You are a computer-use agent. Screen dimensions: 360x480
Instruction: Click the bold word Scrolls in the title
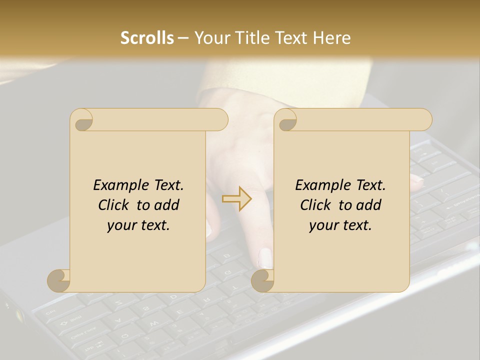[147, 38]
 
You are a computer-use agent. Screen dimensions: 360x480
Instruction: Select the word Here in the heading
[332, 38]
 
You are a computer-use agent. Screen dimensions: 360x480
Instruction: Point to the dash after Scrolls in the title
[183, 38]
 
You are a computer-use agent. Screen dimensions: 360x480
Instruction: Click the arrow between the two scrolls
[237, 198]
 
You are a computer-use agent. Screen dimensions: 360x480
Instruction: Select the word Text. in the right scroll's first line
[370, 185]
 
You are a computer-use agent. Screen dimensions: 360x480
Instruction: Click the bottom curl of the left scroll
[58, 281]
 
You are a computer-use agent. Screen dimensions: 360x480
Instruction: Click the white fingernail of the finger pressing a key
[265, 258]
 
